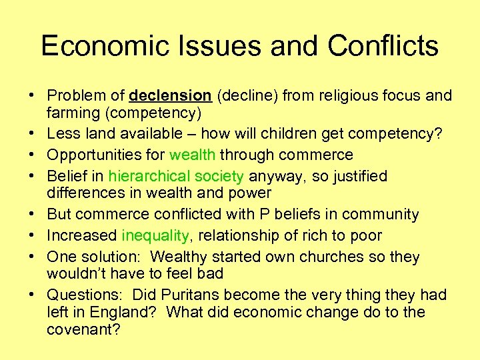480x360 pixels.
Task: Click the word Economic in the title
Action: click(x=98, y=46)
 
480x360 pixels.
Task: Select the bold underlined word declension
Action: click(x=171, y=96)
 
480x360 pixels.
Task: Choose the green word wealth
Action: click(x=193, y=155)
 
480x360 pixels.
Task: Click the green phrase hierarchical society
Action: click(x=177, y=177)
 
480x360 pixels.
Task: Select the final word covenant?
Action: click(x=83, y=329)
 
